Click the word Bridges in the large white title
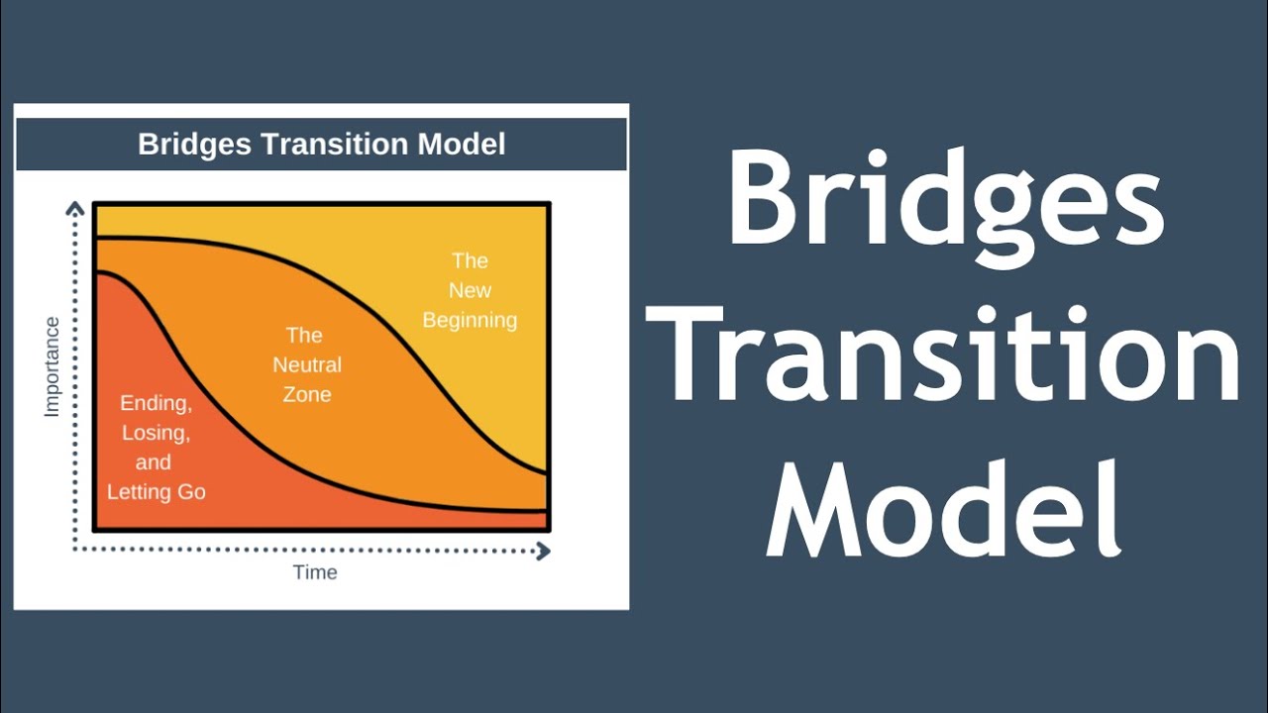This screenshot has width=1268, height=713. [x=945, y=199]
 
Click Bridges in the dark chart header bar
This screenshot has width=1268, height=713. [x=193, y=145]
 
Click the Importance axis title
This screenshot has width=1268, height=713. [x=53, y=366]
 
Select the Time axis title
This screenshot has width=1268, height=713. [x=315, y=572]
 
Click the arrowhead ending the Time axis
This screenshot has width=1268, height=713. [x=543, y=551]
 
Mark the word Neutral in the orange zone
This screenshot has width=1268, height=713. [x=307, y=364]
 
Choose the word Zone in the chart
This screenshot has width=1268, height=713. [x=307, y=394]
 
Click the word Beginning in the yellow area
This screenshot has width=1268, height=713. [x=470, y=321]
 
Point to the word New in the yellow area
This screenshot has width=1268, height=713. [x=470, y=290]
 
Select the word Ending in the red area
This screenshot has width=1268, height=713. [x=156, y=403]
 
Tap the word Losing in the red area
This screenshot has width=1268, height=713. [x=156, y=433]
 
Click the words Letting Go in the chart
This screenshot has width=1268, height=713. [x=157, y=492]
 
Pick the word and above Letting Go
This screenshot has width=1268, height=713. [x=154, y=462]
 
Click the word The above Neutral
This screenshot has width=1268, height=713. [x=304, y=335]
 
